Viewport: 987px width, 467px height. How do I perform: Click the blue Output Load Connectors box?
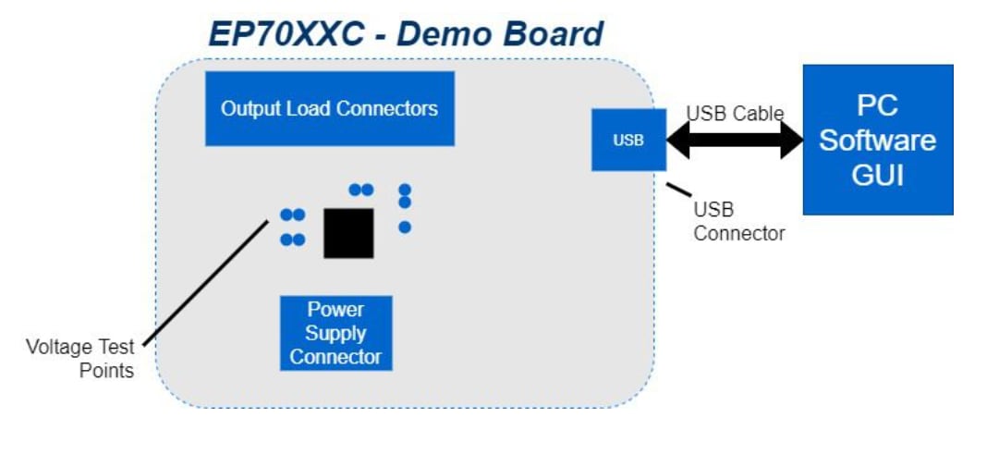pyautogui.click(x=329, y=108)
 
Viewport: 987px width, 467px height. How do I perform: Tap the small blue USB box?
pyautogui.click(x=628, y=140)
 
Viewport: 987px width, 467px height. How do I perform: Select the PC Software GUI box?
pyautogui.click(x=877, y=140)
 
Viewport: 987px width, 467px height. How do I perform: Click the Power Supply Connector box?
pyautogui.click(x=335, y=333)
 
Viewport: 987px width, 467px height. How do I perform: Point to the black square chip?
pyautogui.click(x=348, y=233)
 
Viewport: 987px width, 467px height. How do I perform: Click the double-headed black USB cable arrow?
pyautogui.click(x=735, y=140)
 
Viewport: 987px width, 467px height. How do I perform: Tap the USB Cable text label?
pyautogui.click(x=734, y=114)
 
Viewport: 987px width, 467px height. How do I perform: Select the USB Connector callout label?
pyautogui.click(x=738, y=221)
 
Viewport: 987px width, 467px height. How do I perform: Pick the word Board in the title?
pyautogui.click(x=554, y=34)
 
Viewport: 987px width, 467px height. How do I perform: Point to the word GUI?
pyautogui.click(x=877, y=176)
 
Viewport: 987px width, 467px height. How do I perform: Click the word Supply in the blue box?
pyautogui.click(x=335, y=333)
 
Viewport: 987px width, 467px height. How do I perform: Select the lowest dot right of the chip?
pyautogui.click(x=404, y=227)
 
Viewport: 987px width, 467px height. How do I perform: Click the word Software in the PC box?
pyautogui.click(x=877, y=141)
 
